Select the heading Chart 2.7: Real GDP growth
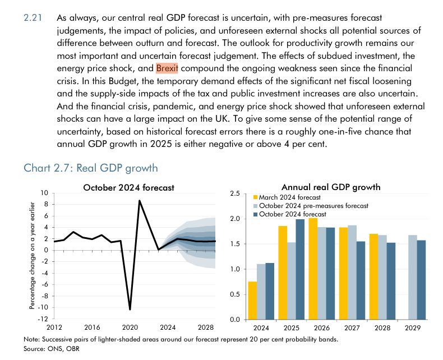click(91, 168)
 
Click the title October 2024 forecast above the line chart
click(128, 187)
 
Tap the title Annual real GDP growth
click(331, 187)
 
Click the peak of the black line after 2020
click(140, 201)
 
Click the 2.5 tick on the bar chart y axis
click(236, 193)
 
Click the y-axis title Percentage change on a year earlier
click(32, 257)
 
